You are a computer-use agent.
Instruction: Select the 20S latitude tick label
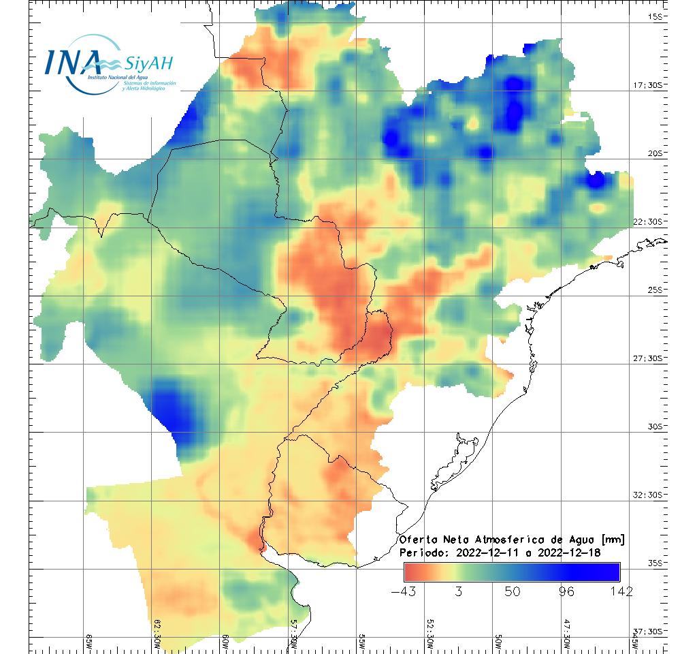click(x=655, y=153)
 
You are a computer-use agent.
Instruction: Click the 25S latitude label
click(x=655, y=290)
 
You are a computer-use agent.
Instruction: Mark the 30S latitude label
click(x=655, y=426)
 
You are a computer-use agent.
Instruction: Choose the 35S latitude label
click(x=655, y=563)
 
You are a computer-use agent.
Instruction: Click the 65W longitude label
click(x=88, y=641)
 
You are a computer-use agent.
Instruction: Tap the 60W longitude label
click(x=225, y=641)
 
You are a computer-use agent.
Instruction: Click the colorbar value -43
click(x=404, y=591)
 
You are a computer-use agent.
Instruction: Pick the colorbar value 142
click(x=620, y=591)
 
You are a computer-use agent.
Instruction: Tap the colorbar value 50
click(x=512, y=591)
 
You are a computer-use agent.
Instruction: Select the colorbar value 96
click(x=566, y=591)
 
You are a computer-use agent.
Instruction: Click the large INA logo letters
click(x=73, y=63)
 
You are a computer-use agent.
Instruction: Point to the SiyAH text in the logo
click(x=149, y=64)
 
